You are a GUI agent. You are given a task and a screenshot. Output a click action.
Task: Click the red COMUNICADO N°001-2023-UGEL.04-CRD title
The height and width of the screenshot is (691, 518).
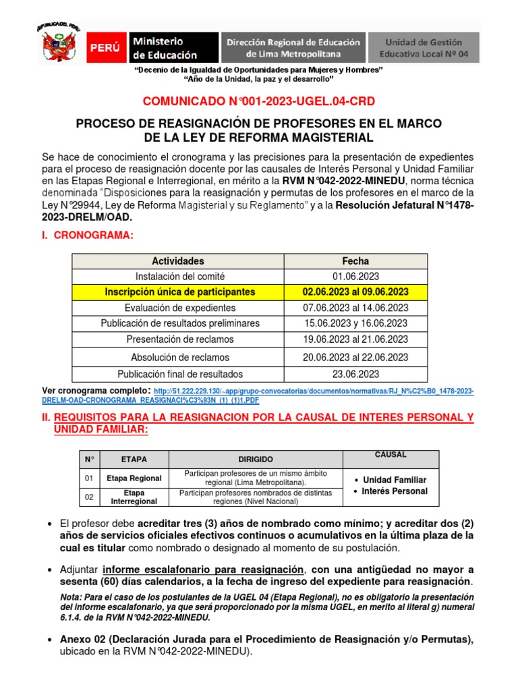[x=258, y=101]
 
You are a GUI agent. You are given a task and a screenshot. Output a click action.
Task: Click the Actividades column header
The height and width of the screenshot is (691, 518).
[x=177, y=261]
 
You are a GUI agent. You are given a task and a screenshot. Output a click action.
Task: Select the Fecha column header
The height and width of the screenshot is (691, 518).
[x=355, y=261]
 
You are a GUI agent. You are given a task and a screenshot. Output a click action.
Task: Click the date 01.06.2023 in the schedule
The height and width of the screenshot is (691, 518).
[x=355, y=276]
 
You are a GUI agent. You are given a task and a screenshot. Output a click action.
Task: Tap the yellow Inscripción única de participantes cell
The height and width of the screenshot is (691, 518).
[x=177, y=292]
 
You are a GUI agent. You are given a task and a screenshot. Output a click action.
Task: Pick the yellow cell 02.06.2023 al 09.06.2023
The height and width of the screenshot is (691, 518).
[x=355, y=292]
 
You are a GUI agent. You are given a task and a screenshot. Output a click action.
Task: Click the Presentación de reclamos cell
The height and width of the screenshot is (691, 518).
[x=177, y=339]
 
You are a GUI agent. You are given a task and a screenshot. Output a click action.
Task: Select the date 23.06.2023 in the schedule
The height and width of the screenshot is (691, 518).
[x=355, y=373]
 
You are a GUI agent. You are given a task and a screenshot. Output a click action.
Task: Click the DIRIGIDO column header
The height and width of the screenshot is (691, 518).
[x=256, y=460]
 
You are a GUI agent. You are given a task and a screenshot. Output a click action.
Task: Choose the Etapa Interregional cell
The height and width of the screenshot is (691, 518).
[x=134, y=497]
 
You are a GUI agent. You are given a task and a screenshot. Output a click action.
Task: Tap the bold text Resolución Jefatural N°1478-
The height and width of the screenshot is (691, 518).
[x=405, y=204]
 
